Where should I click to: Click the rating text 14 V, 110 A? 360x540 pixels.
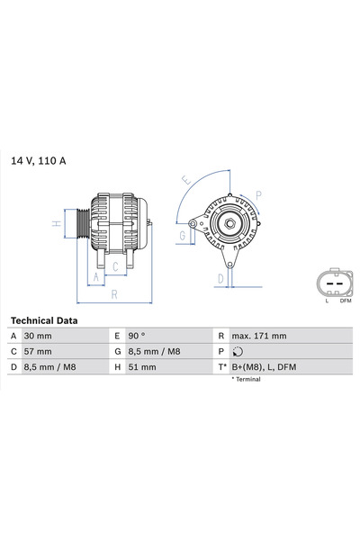click(39, 161)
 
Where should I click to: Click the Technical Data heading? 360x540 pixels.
click(44, 320)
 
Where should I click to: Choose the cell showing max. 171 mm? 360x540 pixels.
click(258, 336)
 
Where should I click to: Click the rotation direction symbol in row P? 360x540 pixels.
click(238, 352)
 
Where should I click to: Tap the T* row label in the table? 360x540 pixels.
click(220, 367)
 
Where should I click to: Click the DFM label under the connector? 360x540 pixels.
click(345, 301)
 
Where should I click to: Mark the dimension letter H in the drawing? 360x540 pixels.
click(56, 222)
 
